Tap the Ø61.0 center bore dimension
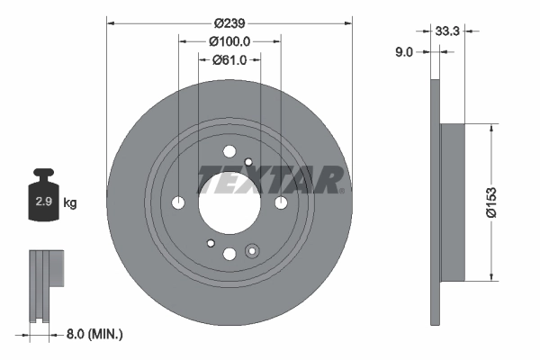point(229,60)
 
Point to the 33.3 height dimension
point(447,31)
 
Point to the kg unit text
point(70,203)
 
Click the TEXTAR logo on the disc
point(270,180)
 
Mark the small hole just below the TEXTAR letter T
point(247,163)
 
